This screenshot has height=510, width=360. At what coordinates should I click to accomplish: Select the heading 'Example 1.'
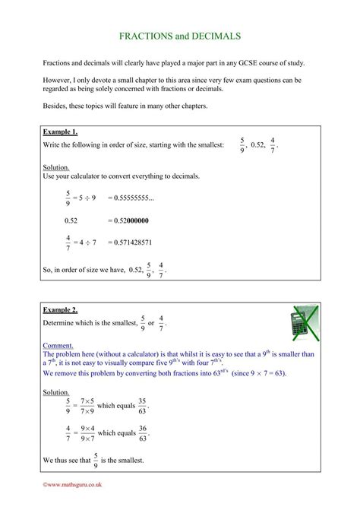pos(61,131)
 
